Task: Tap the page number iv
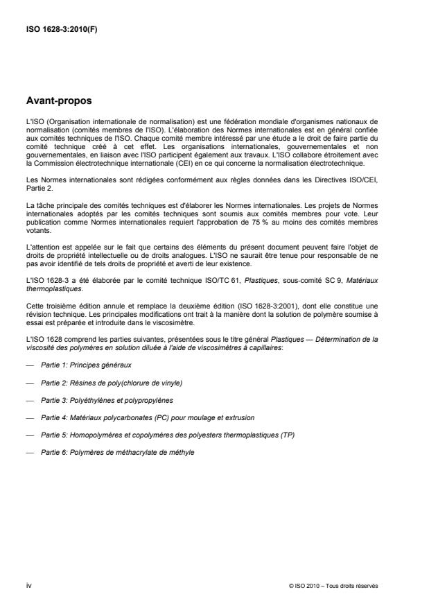(28, 587)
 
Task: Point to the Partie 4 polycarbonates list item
(148, 418)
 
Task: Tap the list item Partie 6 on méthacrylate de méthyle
(117, 453)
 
